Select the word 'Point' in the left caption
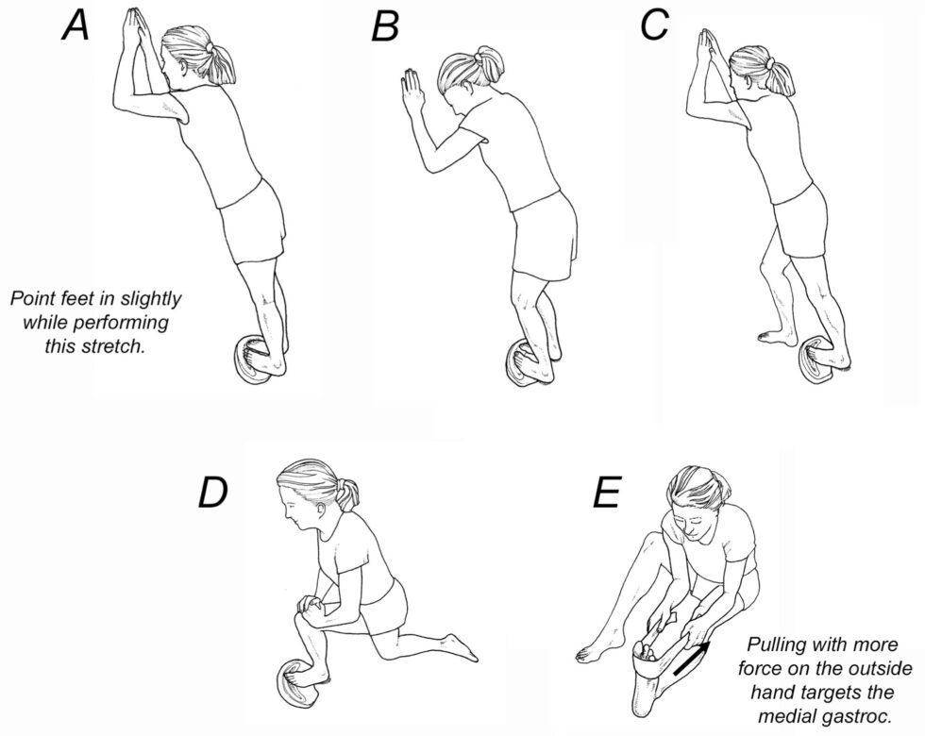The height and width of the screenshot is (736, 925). [32, 299]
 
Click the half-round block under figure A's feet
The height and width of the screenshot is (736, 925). [253, 362]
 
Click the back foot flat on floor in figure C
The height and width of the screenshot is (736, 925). [775, 335]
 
